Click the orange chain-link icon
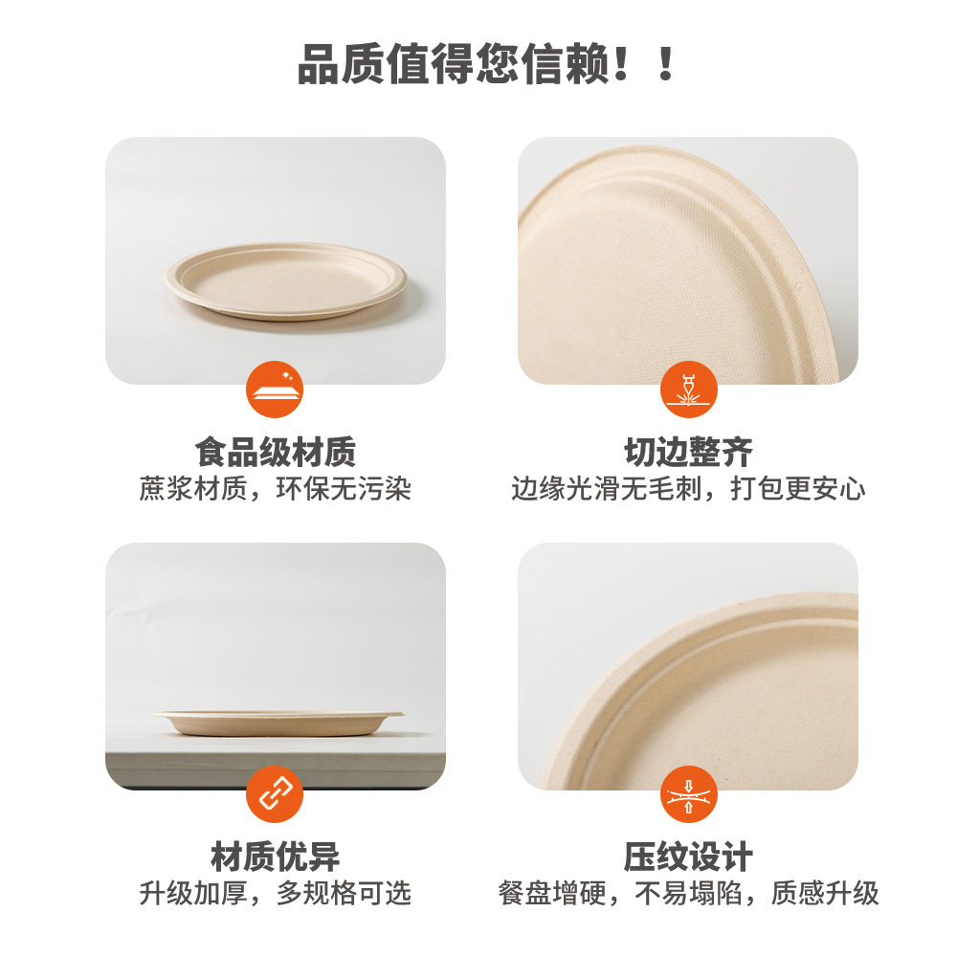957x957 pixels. click(275, 793)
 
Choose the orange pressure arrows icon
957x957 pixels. click(688, 793)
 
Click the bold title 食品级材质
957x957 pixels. click(275, 451)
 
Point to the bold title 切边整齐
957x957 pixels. click(688, 451)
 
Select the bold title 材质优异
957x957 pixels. click(275, 856)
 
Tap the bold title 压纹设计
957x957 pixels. click(688, 856)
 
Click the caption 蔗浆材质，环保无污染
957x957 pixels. click(275, 489)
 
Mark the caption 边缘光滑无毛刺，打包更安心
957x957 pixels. click(688, 489)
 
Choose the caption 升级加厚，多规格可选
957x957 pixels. click(275, 894)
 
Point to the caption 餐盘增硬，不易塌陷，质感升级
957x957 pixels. click(688, 894)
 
